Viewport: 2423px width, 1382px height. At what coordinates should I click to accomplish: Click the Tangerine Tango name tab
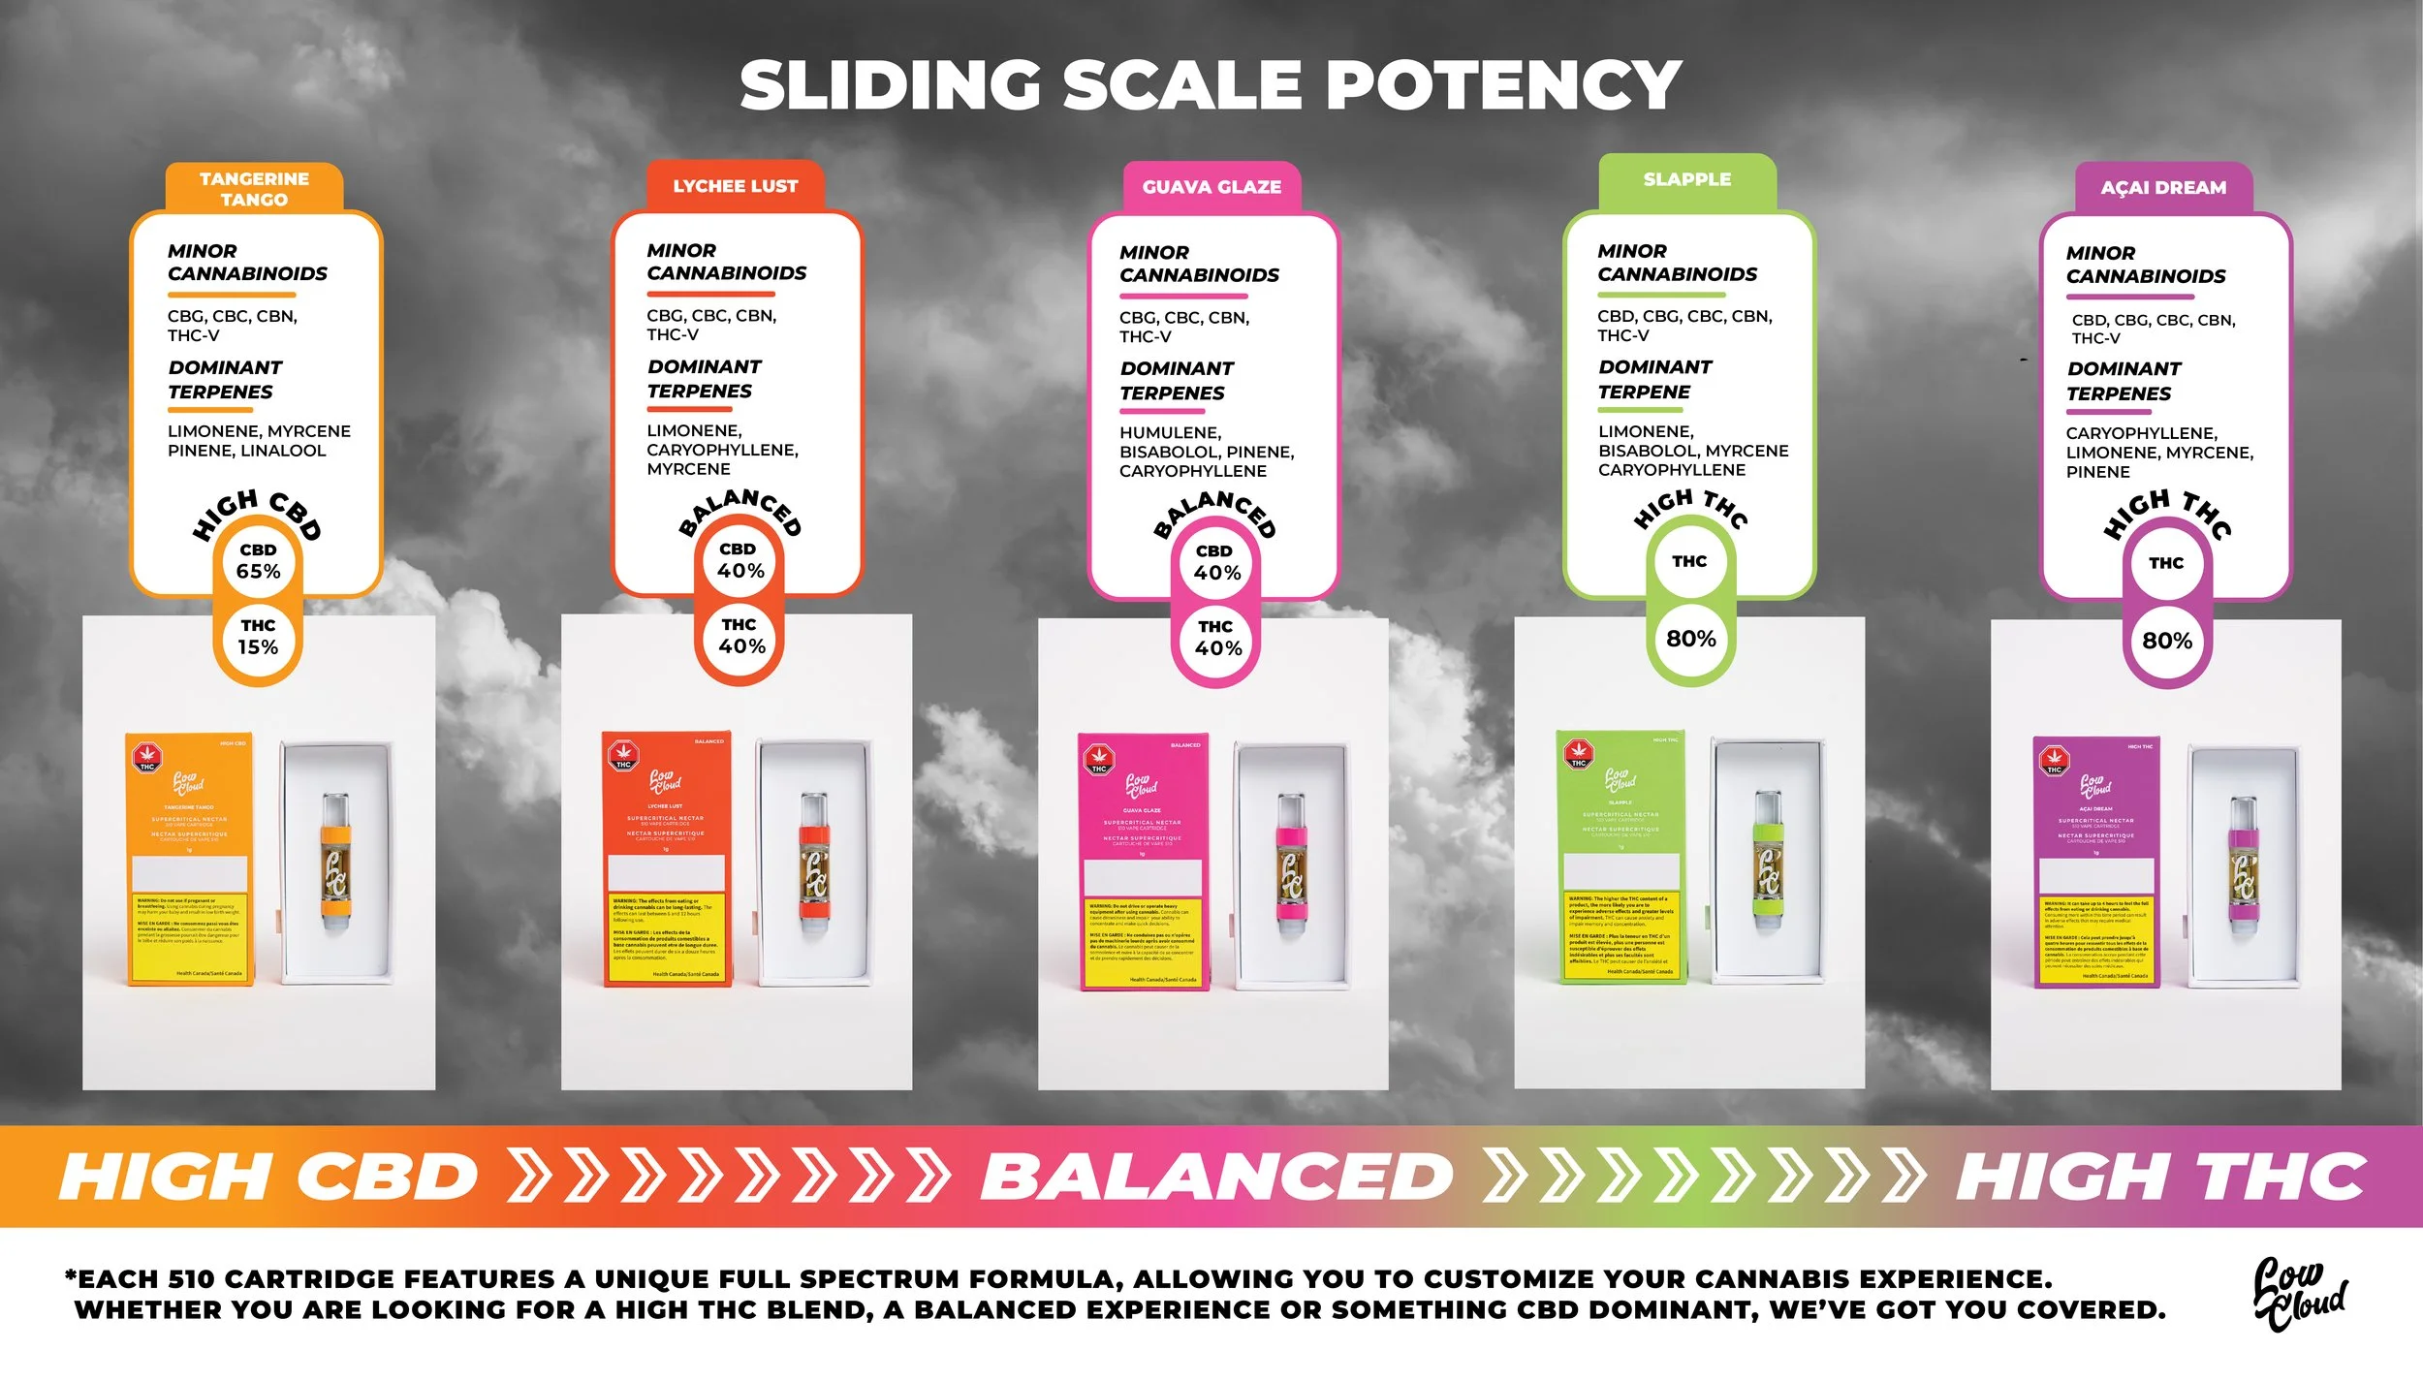[x=254, y=188]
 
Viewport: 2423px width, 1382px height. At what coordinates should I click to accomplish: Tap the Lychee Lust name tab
[x=736, y=186]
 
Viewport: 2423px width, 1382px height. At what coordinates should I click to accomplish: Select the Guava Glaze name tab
[x=1211, y=187]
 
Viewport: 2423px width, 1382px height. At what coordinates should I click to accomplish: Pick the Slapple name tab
[x=1686, y=179]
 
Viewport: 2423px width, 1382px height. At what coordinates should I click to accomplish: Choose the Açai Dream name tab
[x=2163, y=188]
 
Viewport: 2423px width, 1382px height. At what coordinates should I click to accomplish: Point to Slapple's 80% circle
[x=1690, y=639]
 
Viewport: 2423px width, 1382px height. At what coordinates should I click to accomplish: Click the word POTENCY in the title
[x=1502, y=85]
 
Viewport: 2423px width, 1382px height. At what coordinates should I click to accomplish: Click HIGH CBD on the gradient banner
[x=268, y=1177]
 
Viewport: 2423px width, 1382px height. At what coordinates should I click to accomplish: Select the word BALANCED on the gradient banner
[x=1216, y=1177]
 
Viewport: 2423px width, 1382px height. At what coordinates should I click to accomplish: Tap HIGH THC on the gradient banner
[x=2161, y=1177]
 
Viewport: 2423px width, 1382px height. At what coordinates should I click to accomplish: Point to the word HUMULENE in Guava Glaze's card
[x=1170, y=433]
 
